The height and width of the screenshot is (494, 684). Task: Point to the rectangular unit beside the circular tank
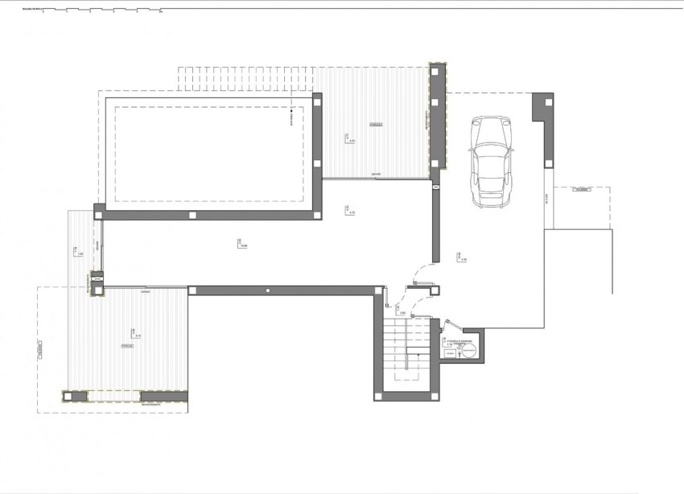click(451, 352)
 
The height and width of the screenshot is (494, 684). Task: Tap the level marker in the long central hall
click(241, 243)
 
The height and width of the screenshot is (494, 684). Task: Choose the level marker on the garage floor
click(462, 258)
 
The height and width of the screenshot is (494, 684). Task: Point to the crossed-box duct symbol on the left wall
click(97, 281)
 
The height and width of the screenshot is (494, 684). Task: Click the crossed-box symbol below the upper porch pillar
click(436, 185)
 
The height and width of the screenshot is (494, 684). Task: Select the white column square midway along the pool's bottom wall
click(192, 215)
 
